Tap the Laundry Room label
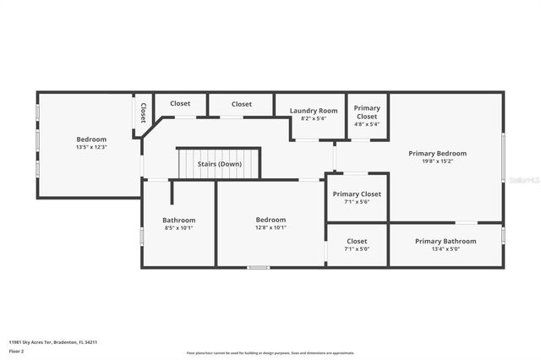tap(314, 111)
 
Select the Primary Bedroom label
tap(437, 153)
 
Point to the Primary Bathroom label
tap(445, 241)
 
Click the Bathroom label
tap(179, 220)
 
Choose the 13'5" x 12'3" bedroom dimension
tap(91, 146)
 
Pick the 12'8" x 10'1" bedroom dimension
tap(270, 226)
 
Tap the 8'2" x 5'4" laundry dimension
tap(314, 118)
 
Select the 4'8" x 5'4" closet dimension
tap(367, 123)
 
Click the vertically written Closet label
tap(143, 113)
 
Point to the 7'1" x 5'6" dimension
tap(358, 201)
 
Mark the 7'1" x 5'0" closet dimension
tap(357, 248)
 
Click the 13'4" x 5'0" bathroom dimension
tap(445, 248)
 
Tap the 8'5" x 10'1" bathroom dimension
tap(179, 227)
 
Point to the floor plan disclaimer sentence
tap(270, 353)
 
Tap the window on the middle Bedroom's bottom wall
tap(259, 268)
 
